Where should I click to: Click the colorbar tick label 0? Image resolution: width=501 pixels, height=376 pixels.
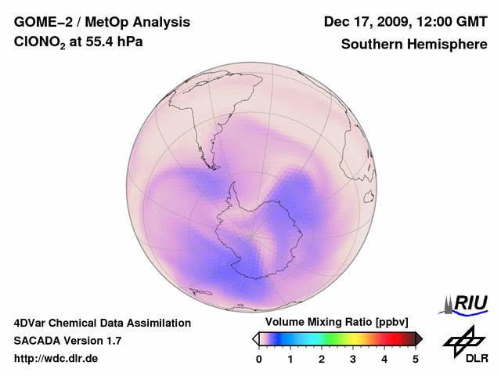click(x=259, y=359)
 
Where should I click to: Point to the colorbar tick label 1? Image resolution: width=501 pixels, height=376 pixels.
click(x=290, y=359)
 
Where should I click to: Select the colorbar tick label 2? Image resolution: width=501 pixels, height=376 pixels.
click(x=322, y=359)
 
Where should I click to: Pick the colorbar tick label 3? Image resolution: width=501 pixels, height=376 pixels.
click(x=353, y=359)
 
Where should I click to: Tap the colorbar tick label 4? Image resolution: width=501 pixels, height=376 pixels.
click(x=384, y=359)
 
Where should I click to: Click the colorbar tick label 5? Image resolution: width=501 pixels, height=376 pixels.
click(x=416, y=359)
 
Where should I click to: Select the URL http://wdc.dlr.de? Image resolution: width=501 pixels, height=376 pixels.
click(x=56, y=359)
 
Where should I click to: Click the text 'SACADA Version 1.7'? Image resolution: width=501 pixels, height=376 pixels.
click(x=67, y=341)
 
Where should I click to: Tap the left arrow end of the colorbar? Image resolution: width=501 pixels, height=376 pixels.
click(x=255, y=338)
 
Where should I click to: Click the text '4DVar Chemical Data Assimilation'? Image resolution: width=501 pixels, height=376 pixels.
click(x=102, y=323)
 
